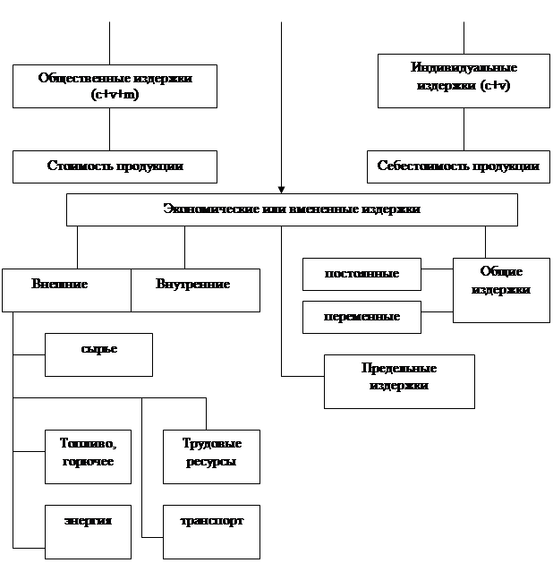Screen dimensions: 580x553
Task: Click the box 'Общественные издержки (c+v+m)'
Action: [x=115, y=86]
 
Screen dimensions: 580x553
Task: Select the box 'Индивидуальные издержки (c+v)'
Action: [x=464, y=81]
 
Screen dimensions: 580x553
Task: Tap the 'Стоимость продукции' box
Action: [x=115, y=166]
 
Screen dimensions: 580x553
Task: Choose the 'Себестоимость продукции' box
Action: [x=458, y=166]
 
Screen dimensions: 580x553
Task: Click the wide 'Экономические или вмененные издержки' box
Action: [x=292, y=210]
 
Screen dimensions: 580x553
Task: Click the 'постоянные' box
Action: [x=362, y=274]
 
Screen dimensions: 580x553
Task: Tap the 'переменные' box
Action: [x=362, y=317]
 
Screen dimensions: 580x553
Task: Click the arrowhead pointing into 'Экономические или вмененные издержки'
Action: [x=281, y=190]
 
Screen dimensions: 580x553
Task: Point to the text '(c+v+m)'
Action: [x=115, y=93]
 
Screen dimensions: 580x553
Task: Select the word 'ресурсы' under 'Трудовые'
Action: [x=211, y=464]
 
